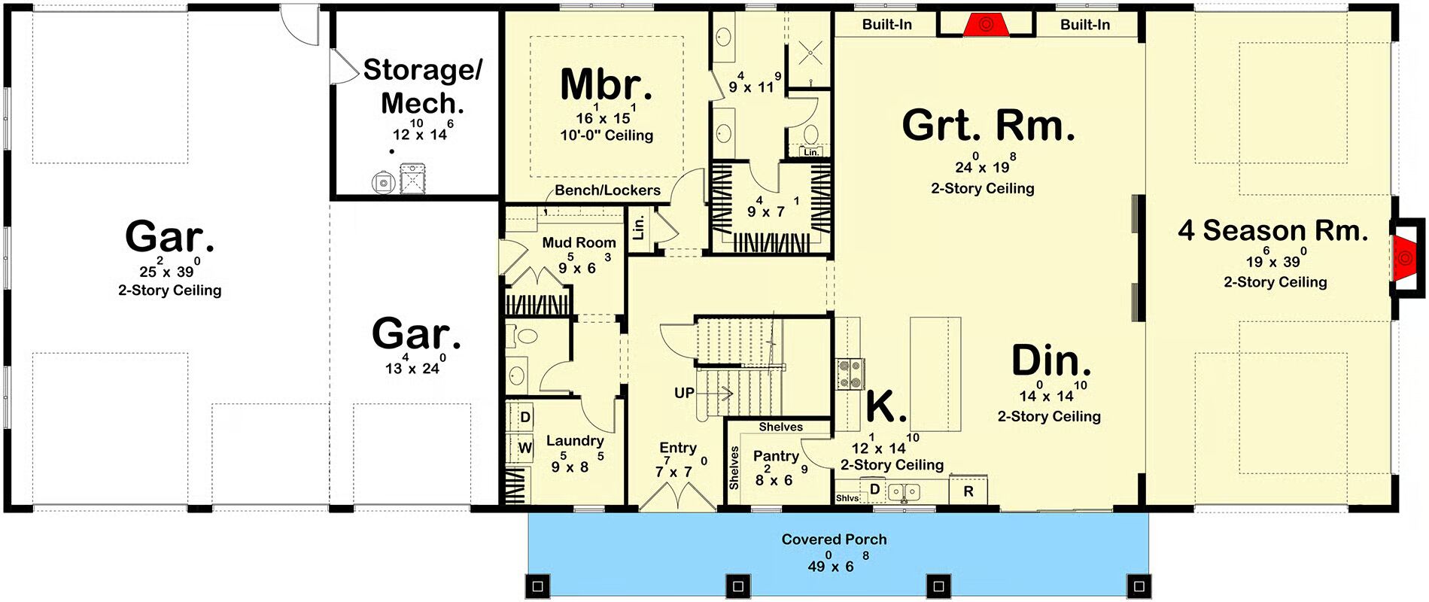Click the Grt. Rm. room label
click(x=988, y=125)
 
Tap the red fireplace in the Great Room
click(x=986, y=25)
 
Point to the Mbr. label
click(x=607, y=84)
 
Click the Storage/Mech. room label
click(x=422, y=86)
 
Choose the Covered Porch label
click(x=834, y=540)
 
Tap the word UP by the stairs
click(x=684, y=393)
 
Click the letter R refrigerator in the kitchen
click(x=968, y=491)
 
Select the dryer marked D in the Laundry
click(x=524, y=418)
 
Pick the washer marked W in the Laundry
click(x=524, y=448)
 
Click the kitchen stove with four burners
click(x=851, y=374)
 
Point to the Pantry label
click(x=776, y=456)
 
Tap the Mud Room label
click(x=579, y=242)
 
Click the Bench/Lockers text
click(x=607, y=190)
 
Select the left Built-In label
click(x=886, y=25)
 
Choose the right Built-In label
click(x=1085, y=25)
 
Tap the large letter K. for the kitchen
click(x=886, y=406)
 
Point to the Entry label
click(x=678, y=448)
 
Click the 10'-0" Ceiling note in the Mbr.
click(x=607, y=135)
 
